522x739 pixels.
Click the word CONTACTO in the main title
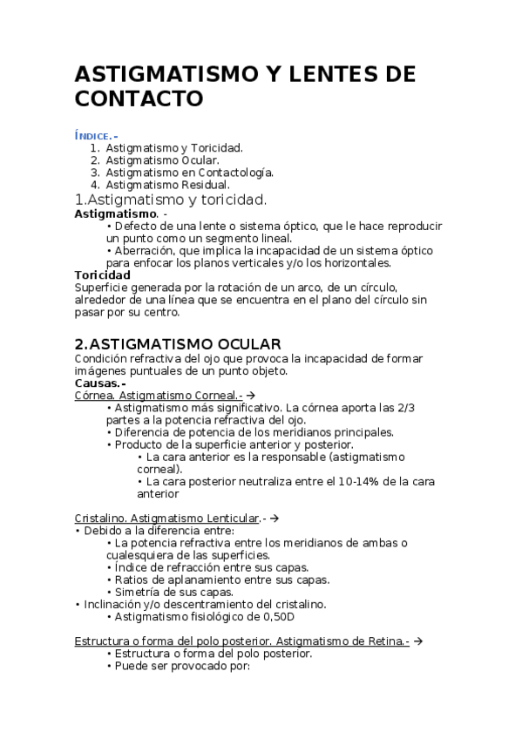click(139, 98)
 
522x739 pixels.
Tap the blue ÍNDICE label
click(94, 135)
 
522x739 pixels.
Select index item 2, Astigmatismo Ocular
click(162, 160)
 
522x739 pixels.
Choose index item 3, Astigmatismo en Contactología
click(189, 173)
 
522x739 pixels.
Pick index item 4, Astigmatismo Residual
click(167, 185)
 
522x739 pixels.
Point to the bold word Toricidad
click(103, 275)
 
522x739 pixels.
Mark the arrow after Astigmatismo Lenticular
click(274, 518)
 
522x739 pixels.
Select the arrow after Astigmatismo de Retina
click(417, 641)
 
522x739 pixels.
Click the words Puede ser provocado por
click(182, 666)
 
